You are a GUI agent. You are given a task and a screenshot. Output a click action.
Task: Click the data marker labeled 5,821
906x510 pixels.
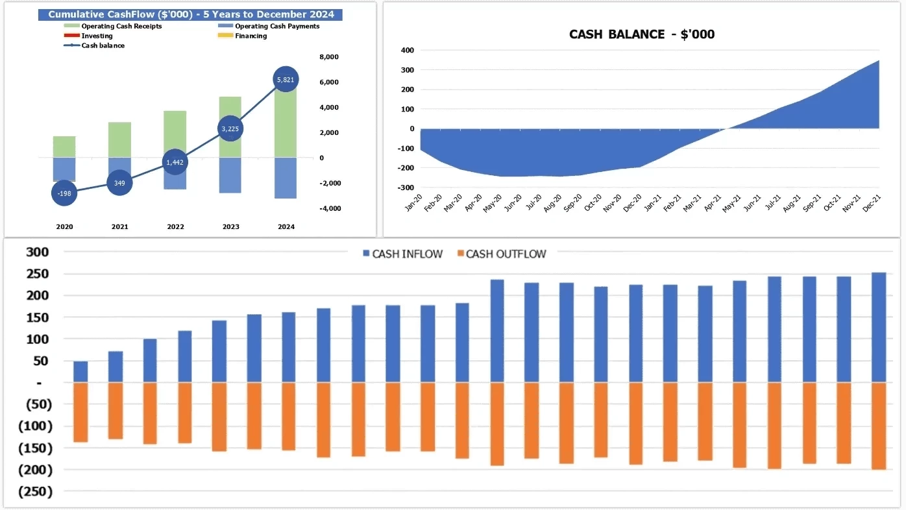pos(286,80)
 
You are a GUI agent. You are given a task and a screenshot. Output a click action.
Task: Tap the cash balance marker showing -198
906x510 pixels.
pos(64,193)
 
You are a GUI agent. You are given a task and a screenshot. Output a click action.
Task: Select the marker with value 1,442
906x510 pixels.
pos(175,162)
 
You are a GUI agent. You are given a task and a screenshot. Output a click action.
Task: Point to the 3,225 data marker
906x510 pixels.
pos(230,128)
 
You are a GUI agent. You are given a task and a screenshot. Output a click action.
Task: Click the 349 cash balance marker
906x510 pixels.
pos(119,183)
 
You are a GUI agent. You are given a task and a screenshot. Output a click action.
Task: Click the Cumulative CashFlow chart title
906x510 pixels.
pos(191,14)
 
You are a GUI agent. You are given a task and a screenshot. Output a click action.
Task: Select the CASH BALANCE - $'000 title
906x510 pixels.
pos(641,34)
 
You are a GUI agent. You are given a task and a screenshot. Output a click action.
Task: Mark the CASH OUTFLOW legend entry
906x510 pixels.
pos(499,254)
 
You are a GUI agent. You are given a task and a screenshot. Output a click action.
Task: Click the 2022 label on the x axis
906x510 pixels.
pos(175,227)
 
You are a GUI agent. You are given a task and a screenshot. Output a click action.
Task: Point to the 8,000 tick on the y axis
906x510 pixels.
pos(329,57)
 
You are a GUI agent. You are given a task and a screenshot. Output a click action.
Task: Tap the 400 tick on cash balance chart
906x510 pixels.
pos(408,51)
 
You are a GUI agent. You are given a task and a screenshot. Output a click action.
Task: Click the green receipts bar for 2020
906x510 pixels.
pos(64,147)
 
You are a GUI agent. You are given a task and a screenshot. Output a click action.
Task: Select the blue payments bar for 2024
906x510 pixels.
pos(286,178)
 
